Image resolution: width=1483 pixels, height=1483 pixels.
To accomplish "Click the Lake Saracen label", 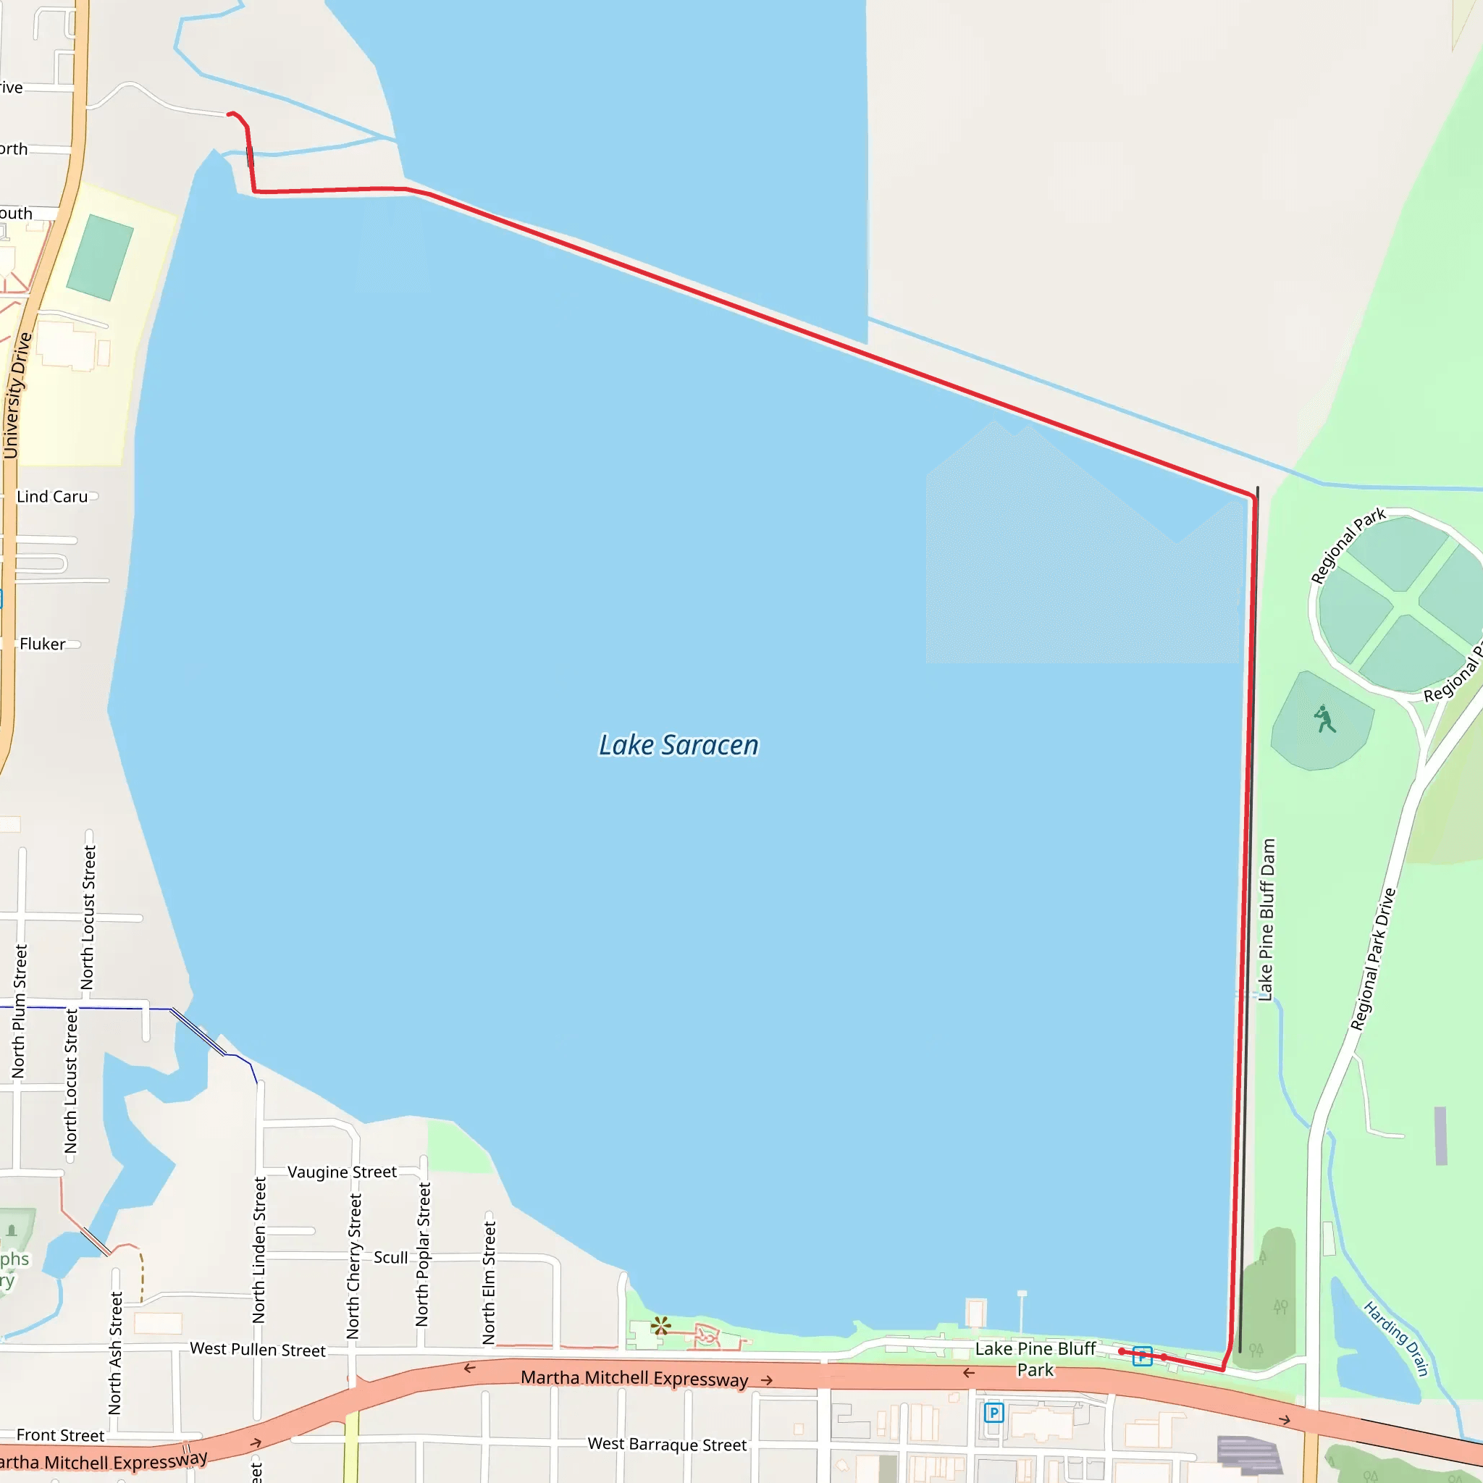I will click(x=679, y=745).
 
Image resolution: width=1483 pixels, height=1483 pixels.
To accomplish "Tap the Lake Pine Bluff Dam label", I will click(x=1266, y=920).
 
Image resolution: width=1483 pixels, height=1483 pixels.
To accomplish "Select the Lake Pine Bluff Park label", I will click(x=1035, y=1359).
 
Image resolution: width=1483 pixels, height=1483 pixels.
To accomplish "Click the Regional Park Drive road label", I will click(x=1373, y=959).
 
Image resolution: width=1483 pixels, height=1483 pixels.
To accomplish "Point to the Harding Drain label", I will click(x=1396, y=1339).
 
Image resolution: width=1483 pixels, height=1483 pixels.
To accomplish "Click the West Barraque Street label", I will click(x=667, y=1445).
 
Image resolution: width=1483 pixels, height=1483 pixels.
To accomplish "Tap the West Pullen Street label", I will click(x=257, y=1350).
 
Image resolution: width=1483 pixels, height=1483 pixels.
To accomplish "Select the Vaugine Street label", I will click(x=342, y=1172).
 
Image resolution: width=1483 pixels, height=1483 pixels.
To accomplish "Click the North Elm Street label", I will click(x=489, y=1282).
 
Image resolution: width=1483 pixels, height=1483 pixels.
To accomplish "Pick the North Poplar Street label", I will click(x=423, y=1253).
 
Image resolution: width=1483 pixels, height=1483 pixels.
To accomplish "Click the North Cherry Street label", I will click(x=353, y=1266).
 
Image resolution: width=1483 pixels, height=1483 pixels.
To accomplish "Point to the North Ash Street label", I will click(x=116, y=1353).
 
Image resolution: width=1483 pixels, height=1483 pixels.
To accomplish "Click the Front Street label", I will click(x=60, y=1435).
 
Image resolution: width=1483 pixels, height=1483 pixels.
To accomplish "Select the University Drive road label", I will click(x=17, y=396).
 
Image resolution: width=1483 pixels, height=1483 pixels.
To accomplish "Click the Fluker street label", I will click(x=42, y=644).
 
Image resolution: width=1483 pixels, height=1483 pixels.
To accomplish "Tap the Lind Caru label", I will click(x=52, y=497).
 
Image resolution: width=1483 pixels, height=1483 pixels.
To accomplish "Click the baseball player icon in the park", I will click(x=1324, y=720).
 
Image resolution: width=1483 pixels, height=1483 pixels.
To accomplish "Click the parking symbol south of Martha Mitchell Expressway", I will click(x=994, y=1412).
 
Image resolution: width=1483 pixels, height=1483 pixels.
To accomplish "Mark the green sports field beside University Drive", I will click(x=100, y=257).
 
